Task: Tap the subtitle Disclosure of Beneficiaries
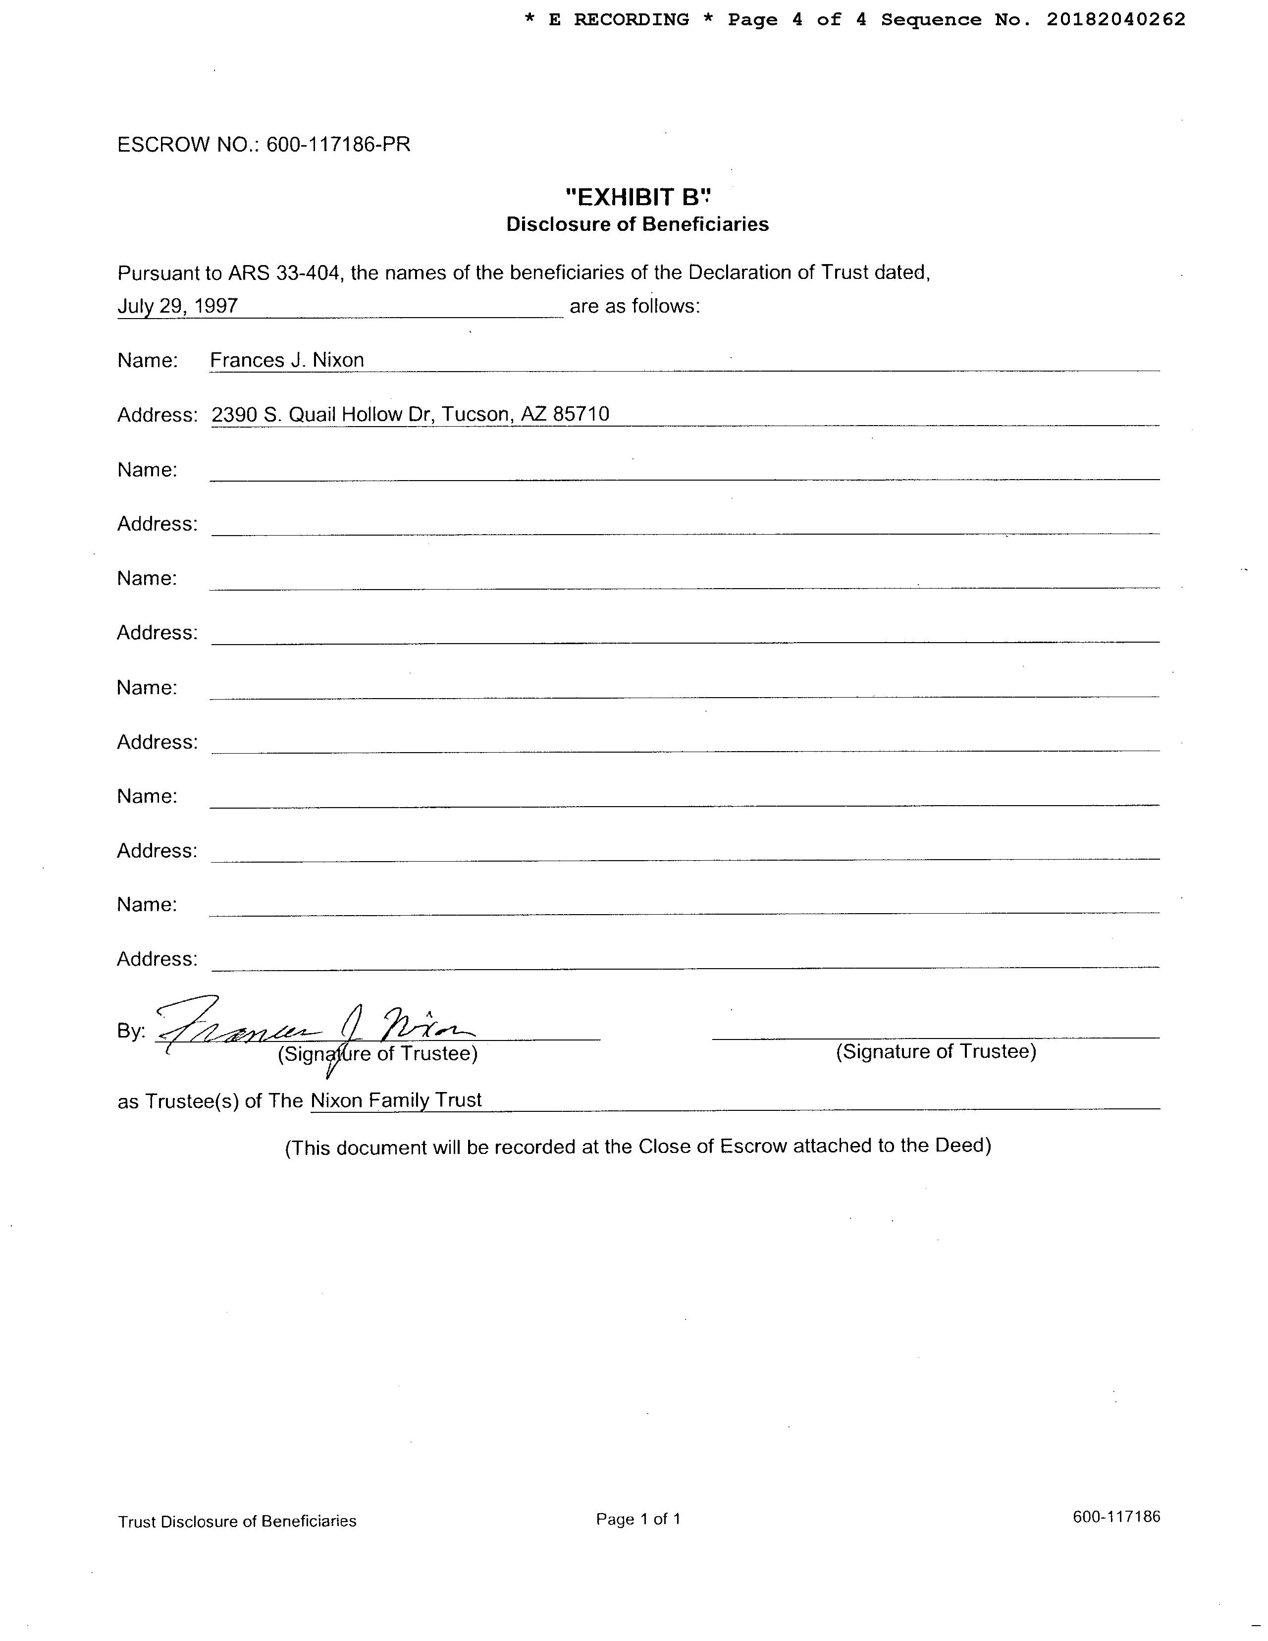[x=637, y=224]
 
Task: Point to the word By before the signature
[x=131, y=1032]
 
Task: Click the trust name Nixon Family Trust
[x=396, y=1101]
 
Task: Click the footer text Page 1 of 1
[x=638, y=1519]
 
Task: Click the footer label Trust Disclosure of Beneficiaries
[x=237, y=1522]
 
